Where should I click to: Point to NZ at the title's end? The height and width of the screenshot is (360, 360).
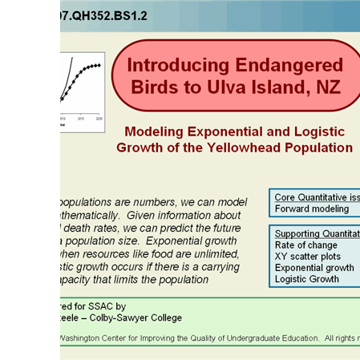coord(325,86)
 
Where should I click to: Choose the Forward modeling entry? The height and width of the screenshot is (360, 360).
coord(312,208)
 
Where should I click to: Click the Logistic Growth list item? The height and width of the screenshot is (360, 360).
coord(307,279)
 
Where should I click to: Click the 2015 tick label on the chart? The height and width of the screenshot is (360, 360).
coord(81,118)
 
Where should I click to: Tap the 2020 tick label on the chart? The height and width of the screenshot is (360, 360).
coord(99,118)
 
